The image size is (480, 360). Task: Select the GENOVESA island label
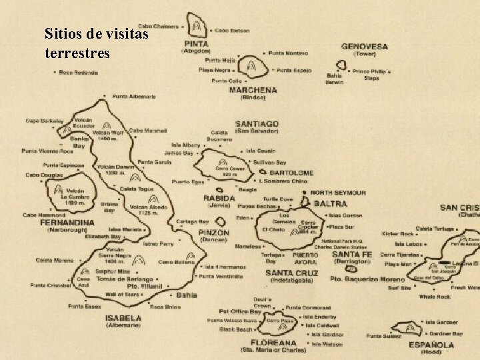(x=365, y=47)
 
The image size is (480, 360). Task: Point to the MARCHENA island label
(x=253, y=90)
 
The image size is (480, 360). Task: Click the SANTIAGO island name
(x=257, y=124)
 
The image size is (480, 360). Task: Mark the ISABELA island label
(x=123, y=318)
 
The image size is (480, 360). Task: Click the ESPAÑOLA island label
(x=431, y=345)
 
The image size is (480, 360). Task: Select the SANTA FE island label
(x=351, y=255)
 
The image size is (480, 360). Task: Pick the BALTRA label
(x=330, y=203)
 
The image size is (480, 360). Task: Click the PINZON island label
(x=214, y=233)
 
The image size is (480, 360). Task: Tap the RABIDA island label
(x=219, y=198)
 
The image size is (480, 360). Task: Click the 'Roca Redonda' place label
(x=79, y=72)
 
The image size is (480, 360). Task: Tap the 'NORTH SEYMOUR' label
(x=338, y=192)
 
